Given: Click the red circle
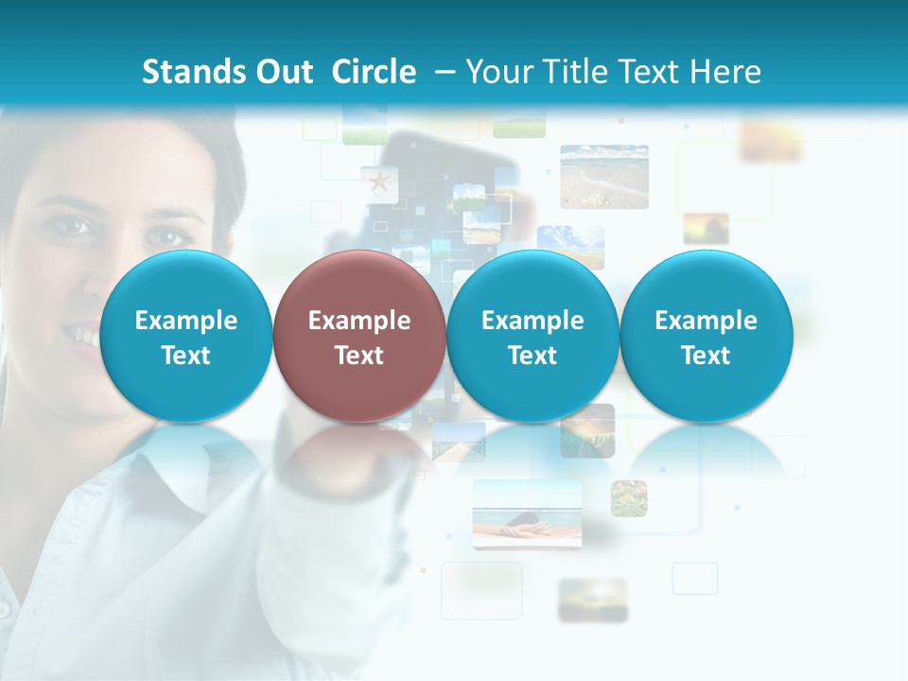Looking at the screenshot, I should pyautogui.click(x=359, y=336).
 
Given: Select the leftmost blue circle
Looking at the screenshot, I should pyautogui.click(x=185, y=336).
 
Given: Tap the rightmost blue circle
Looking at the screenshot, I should pyautogui.click(x=706, y=336).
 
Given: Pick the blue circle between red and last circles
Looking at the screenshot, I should pyautogui.click(x=533, y=336).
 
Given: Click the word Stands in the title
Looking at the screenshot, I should pyautogui.click(x=188, y=72).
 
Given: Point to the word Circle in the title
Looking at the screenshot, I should pyautogui.click(x=374, y=72).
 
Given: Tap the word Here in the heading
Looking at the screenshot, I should pyautogui.click(x=725, y=72).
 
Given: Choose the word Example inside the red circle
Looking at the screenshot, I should pyautogui.click(x=359, y=321).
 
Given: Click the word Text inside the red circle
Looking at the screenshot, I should pyautogui.click(x=359, y=356).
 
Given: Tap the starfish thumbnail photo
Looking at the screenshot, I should pyautogui.click(x=379, y=183).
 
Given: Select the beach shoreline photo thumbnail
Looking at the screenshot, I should pyautogui.click(x=604, y=176).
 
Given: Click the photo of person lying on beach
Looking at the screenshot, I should pyautogui.click(x=527, y=514).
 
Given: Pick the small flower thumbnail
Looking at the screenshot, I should pyautogui.click(x=628, y=498).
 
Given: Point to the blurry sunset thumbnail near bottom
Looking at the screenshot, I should pyautogui.click(x=592, y=600).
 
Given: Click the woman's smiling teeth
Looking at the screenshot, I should pyautogui.click(x=83, y=336).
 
